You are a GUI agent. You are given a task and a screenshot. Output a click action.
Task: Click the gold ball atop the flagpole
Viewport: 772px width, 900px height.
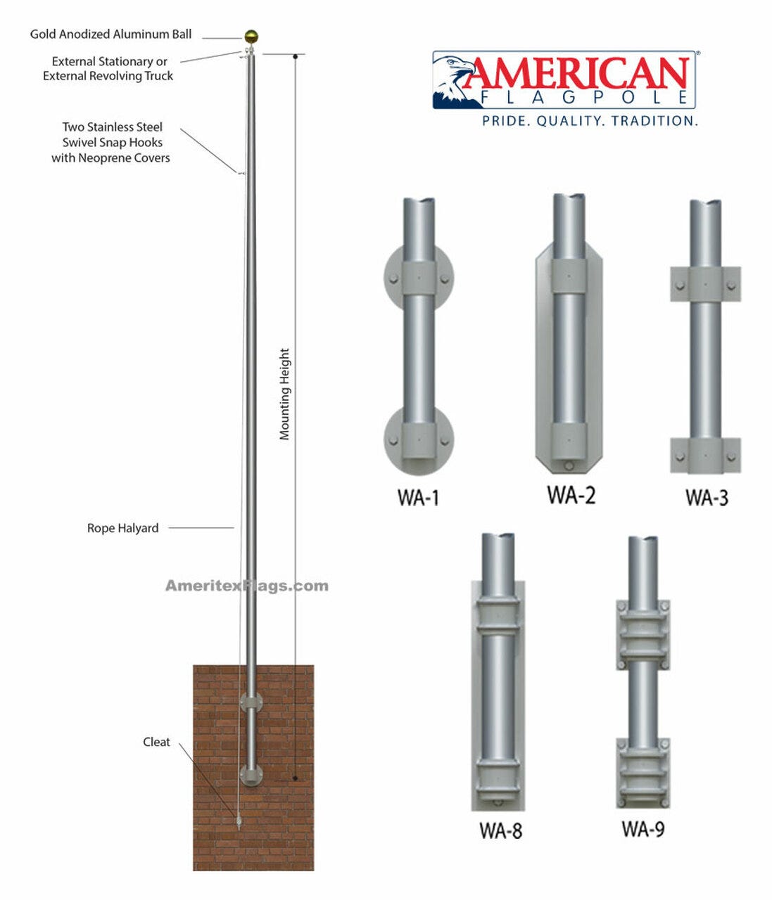[x=252, y=37]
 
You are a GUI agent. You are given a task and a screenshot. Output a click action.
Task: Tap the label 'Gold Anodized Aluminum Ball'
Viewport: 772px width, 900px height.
[x=110, y=34]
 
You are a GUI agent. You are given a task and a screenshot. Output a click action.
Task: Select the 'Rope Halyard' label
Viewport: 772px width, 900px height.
[x=122, y=528]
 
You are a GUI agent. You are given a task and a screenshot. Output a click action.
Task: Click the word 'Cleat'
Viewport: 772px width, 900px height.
[x=156, y=742]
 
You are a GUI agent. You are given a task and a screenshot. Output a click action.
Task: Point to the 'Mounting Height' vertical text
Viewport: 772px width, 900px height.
[x=284, y=394]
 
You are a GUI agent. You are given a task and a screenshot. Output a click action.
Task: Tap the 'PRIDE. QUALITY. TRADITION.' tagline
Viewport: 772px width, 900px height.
[x=590, y=121]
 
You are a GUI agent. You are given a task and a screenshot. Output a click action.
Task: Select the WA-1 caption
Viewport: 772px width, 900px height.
[x=418, y=498]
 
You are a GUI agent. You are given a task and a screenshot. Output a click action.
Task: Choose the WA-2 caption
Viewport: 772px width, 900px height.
[x=571, y=495]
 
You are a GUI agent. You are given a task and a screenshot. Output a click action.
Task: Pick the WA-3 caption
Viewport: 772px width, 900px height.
[x=706, y=498]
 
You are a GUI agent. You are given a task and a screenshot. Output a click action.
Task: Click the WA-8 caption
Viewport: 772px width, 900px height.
[x=500, y=830]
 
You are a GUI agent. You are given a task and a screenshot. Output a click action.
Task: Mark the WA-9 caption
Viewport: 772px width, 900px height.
[x=643, y=829]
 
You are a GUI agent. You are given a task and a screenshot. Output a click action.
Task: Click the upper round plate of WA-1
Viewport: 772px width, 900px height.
[x=419, y=278]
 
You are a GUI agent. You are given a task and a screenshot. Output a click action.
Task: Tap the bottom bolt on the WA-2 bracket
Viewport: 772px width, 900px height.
[x=569, y=465]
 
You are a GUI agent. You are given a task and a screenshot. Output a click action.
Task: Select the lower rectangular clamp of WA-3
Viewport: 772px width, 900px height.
[x=705, y=455]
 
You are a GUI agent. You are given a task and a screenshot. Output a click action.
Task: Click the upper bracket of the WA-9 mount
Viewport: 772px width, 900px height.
[x=643, y=635]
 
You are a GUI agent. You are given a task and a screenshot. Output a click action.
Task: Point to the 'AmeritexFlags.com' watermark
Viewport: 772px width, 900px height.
[x=246, y=586]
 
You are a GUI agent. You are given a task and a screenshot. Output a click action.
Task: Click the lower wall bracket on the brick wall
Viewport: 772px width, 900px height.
[x=251, y=774]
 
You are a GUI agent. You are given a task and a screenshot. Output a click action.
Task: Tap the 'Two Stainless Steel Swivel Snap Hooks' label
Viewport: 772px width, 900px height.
[x=111, y=142]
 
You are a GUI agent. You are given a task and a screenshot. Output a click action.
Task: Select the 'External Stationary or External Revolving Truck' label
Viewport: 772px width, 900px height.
[x=108, y=69]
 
